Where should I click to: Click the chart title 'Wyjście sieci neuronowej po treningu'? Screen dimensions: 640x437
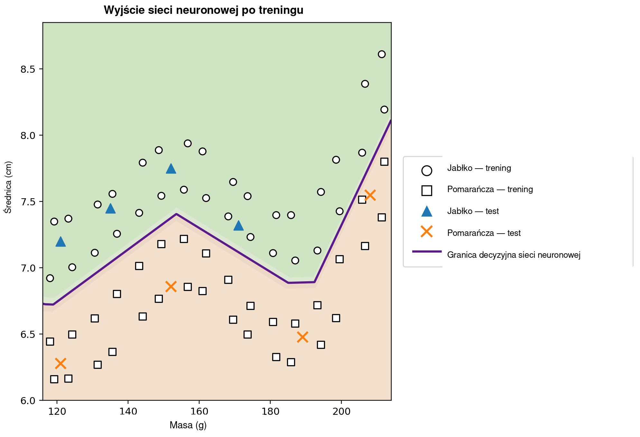coord(203,11)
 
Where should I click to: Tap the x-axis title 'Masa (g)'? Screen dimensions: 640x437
coord(188,425)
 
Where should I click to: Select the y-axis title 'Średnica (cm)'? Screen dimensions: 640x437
coord(8,187)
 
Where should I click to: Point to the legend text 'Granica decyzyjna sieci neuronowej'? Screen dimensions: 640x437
coord(514,255)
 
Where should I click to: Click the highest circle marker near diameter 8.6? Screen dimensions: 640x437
coord(382,54)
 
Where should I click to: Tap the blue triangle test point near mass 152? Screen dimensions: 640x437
coord(171,169)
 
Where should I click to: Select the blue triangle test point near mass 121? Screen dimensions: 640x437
coord(60,242)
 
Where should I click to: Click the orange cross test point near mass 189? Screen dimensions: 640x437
coord(302,337)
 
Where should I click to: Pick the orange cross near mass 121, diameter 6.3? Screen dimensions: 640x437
coord(60,363)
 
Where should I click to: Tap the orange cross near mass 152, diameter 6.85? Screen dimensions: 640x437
coord(171,286)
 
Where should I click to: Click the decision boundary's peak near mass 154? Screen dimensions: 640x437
coord(176,214)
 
